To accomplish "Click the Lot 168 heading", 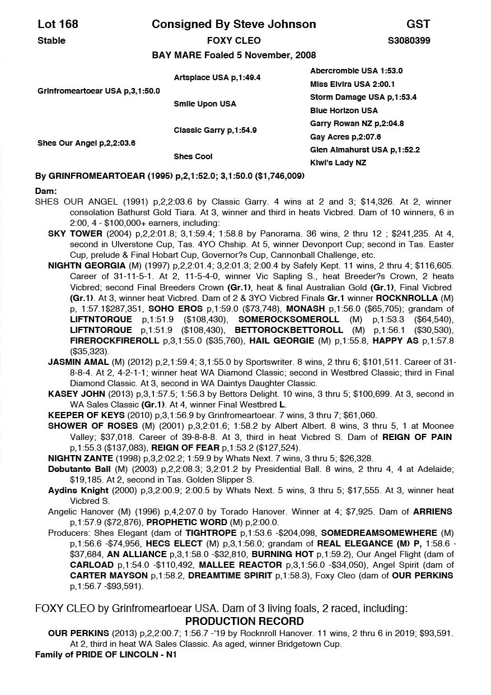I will click(x=58, y=24).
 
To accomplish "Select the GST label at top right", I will click(x=418, y=24).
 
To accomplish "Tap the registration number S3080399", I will click(x=409, y=40).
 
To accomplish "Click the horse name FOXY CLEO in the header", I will click(x=233, y=40).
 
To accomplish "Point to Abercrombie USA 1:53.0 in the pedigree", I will click(x=356, y=71).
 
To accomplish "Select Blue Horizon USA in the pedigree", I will click(x=344, y=110).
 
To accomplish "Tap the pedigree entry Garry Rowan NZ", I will click(x=357, y=123).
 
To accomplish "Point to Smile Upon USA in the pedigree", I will click(x=204, y=104).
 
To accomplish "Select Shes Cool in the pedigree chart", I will click(x=193, y=156).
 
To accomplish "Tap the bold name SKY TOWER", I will click(x=75, y=233).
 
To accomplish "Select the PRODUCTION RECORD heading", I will click(x=244, y=621).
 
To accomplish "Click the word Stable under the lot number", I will click(x=51, y=40).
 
